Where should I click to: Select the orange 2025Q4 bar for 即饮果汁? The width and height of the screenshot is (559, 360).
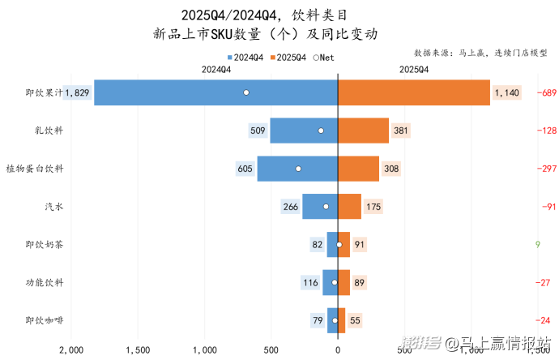click(413, 92)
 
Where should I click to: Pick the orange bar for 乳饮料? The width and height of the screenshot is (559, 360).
click(363, 131)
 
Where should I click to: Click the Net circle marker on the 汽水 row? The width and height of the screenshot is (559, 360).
click(326, 207)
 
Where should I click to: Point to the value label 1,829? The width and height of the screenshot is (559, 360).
click(77, 93)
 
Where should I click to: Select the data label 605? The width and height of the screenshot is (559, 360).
click(245, 169)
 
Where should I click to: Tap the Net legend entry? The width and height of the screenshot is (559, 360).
click(323, 58)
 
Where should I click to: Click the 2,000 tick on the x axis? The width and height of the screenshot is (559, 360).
click(71, 350)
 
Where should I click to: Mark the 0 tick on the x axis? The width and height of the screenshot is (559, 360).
click(337, 350)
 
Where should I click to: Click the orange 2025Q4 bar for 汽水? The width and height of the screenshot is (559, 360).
click(349, 207)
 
